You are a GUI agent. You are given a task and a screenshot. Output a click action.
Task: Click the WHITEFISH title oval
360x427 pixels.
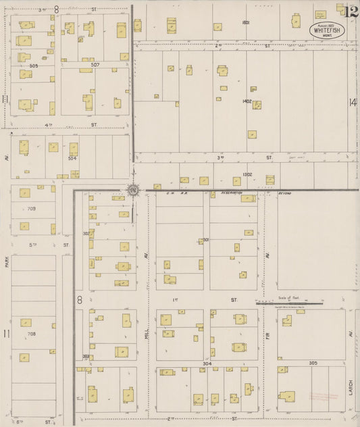(x=327, y=30)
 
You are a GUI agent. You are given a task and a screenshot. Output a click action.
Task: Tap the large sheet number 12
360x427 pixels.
(x=350, y=11)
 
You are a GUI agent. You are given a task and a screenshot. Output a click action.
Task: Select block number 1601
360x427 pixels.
(x=246, y=22)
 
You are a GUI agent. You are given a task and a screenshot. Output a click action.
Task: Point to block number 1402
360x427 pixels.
(x=247, y=101)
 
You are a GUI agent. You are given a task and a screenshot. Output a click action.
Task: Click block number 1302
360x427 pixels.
(x=247, y=174)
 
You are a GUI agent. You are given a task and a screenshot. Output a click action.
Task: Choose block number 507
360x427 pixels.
(x=95, y=66)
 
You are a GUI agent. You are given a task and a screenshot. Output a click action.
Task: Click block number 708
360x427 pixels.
(x=31, y=334)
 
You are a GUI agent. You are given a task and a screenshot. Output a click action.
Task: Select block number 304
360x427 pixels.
(x=207, y=363)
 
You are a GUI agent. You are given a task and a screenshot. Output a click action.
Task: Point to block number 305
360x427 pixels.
(x=313, y=363)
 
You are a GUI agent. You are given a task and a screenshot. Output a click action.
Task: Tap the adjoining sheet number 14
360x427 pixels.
(x=352, y=102)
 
